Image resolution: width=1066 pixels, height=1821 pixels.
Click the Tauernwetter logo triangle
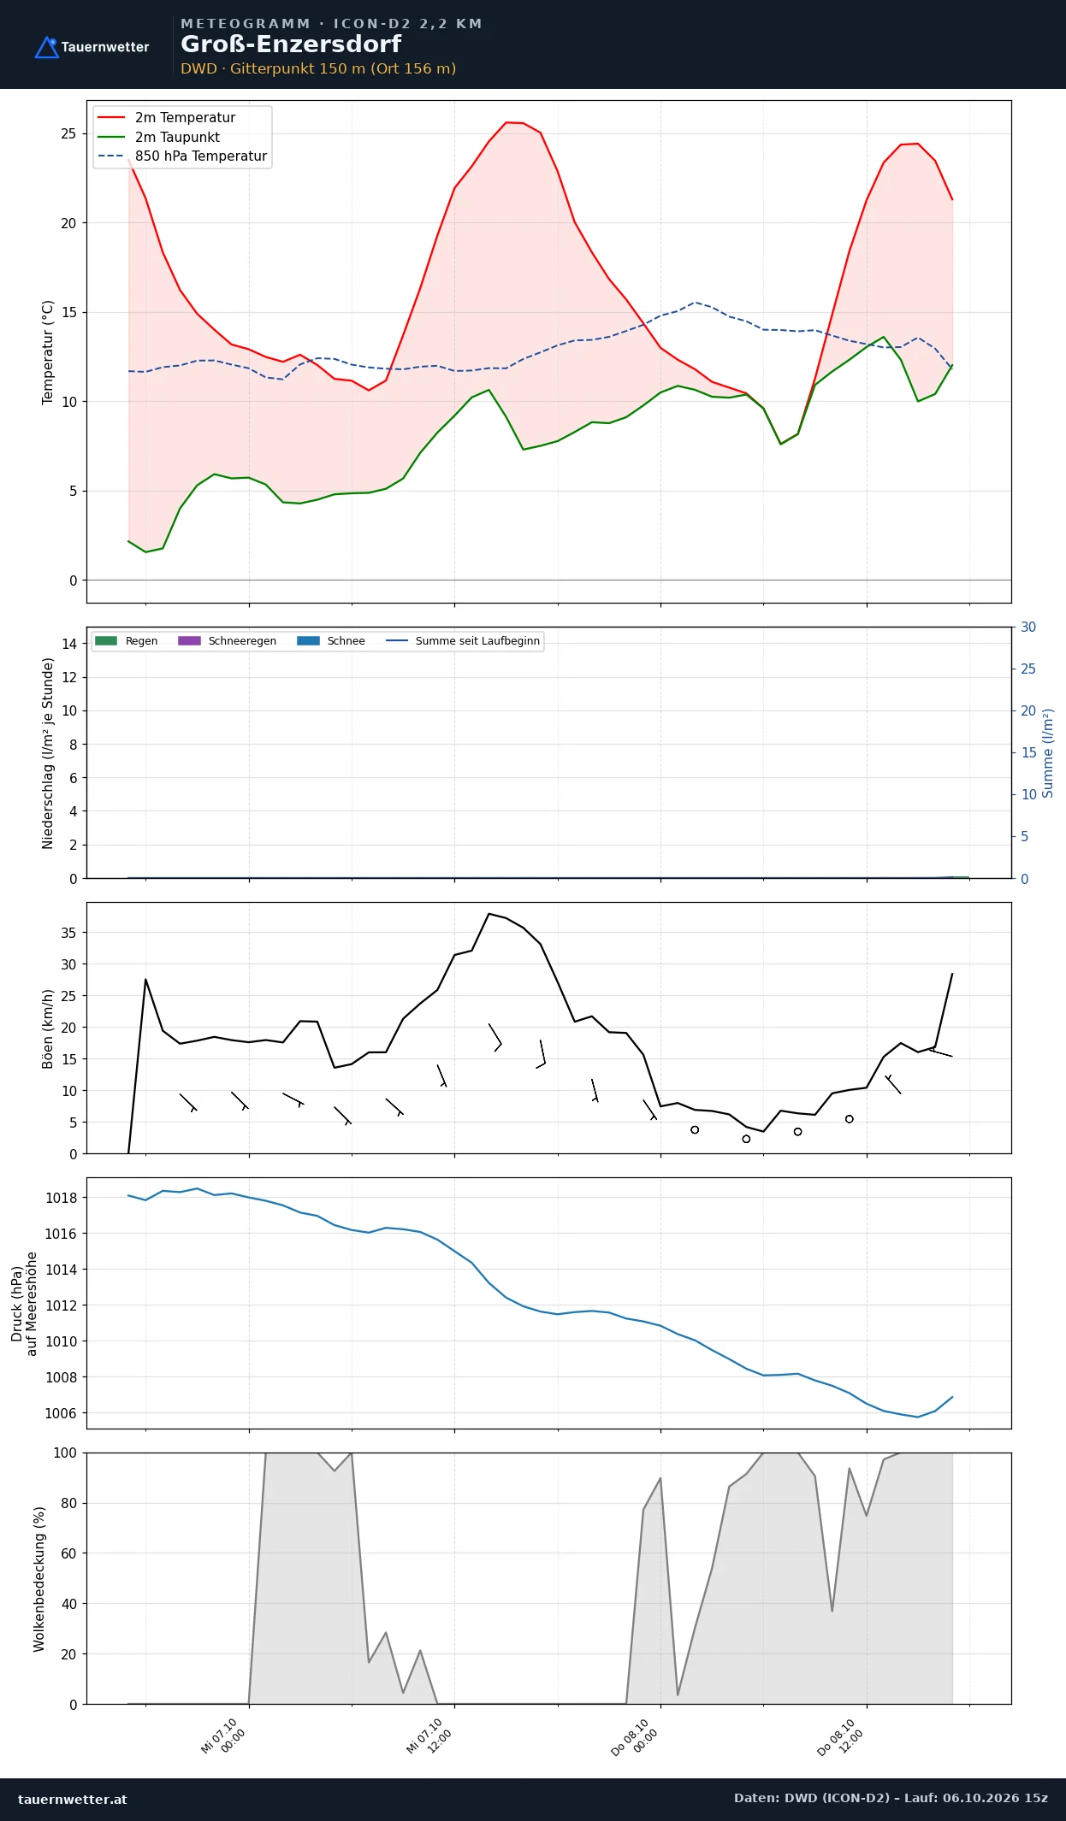[x=46, y=48]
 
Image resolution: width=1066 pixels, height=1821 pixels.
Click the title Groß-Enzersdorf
[x=291, y=44]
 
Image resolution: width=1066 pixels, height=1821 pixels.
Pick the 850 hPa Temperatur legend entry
[x=182, y=156]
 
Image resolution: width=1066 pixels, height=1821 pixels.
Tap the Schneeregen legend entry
[x=227, y=641]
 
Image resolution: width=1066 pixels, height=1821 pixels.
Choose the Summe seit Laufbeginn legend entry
[x=463, y=641]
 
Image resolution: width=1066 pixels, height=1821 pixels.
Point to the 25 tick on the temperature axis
[x=68, y=133]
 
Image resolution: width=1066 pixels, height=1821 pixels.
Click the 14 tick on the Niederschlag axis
[x=69, y=644]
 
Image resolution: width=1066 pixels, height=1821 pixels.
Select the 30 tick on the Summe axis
[x=1028, y=627]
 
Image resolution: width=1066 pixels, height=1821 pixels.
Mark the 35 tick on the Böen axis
[x=68, y=933]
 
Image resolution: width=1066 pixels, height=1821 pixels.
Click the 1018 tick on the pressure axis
[x=61, y=1198]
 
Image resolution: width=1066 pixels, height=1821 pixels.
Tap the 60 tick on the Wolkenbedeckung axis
[x=68, y=1553]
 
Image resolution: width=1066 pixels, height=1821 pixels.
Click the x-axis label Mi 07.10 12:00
[x=429, y=1736]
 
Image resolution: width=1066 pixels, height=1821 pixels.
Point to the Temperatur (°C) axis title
[x=48, y=352]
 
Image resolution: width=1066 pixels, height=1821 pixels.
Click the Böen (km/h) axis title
[x=48, y=1028]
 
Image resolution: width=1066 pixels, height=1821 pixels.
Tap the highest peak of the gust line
[x=489, y=913]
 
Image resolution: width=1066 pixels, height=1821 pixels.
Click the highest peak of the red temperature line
[x=506, y=122]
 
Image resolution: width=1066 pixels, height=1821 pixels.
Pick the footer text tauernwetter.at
[x=73, y=1799]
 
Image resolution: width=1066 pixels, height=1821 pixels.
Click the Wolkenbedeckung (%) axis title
[x=39, y=1579]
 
